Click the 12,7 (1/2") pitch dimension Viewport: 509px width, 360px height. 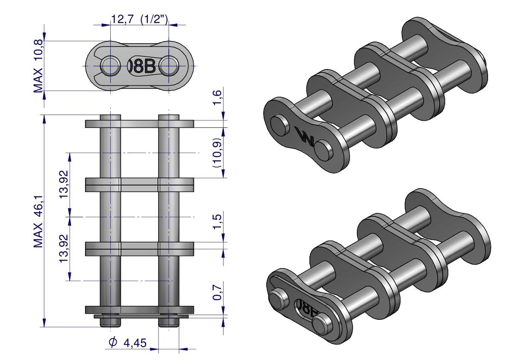pos(140,20)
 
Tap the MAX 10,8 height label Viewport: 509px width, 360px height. pos(38,66)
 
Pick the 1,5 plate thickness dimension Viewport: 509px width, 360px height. pos(217,221)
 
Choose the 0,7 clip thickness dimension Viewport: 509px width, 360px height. pos(217,292)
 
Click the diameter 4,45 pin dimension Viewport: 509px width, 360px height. pos(128,342)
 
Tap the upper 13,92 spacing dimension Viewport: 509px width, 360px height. pos(64,184)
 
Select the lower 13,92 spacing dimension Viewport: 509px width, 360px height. pos(64,249)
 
